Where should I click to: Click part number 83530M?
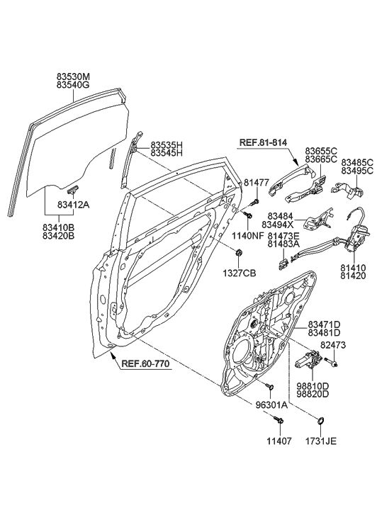tap(73, 77)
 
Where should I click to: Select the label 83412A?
tap(74, 205)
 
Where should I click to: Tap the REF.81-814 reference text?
tap(263, 143)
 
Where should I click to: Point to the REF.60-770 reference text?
tap(145, 363)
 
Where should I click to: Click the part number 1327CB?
tap(239, 273)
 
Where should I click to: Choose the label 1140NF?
tap(249, 235)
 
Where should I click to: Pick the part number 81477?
tap(255, 183)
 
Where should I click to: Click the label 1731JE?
tap(320, 441)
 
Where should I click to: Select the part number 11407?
tap(278, 441)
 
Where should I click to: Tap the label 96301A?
tap(271, 405)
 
